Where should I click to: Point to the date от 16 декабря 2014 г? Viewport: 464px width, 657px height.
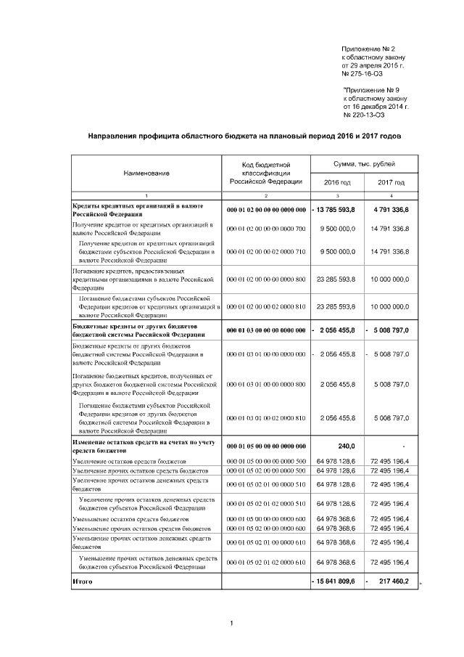click(376, 106)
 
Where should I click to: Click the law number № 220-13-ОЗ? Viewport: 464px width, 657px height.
click(364, 115)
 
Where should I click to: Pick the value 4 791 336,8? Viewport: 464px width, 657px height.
click(391, 210)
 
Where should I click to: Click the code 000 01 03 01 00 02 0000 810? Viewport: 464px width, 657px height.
click(266, 418)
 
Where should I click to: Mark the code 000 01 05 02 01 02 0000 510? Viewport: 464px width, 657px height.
click(266, 503)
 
